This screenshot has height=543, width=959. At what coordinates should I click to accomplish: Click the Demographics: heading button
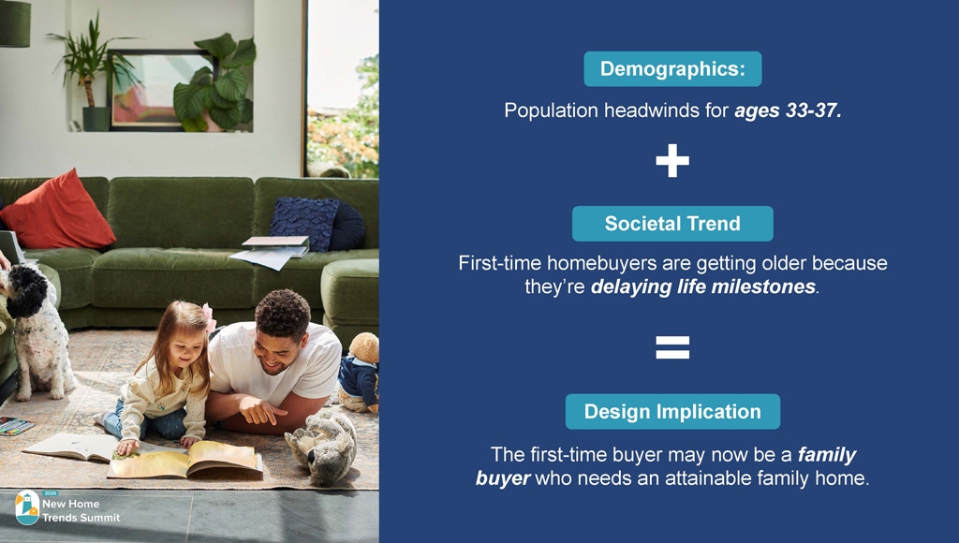(672, 69)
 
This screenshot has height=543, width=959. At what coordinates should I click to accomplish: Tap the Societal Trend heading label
(672, 224)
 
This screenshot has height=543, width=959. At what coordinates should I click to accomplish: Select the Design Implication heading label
(672, 412)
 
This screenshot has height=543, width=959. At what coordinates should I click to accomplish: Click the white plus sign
(672, 161)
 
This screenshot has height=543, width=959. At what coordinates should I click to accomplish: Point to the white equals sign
(672, 347)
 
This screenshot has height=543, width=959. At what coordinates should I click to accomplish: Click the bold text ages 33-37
(788, 110)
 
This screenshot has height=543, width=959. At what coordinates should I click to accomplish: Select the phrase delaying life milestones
(703, 286)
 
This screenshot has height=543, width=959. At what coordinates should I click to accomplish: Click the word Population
(551, 110)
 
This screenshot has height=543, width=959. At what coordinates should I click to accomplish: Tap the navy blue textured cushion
(304, 222)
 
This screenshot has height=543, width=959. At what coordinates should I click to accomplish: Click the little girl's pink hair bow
(209, 318)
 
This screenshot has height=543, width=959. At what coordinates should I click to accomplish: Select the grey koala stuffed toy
(322, 446)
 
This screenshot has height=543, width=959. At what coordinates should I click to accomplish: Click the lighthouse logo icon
(27, 507)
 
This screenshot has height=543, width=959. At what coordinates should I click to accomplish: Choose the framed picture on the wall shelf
(160, 90)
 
